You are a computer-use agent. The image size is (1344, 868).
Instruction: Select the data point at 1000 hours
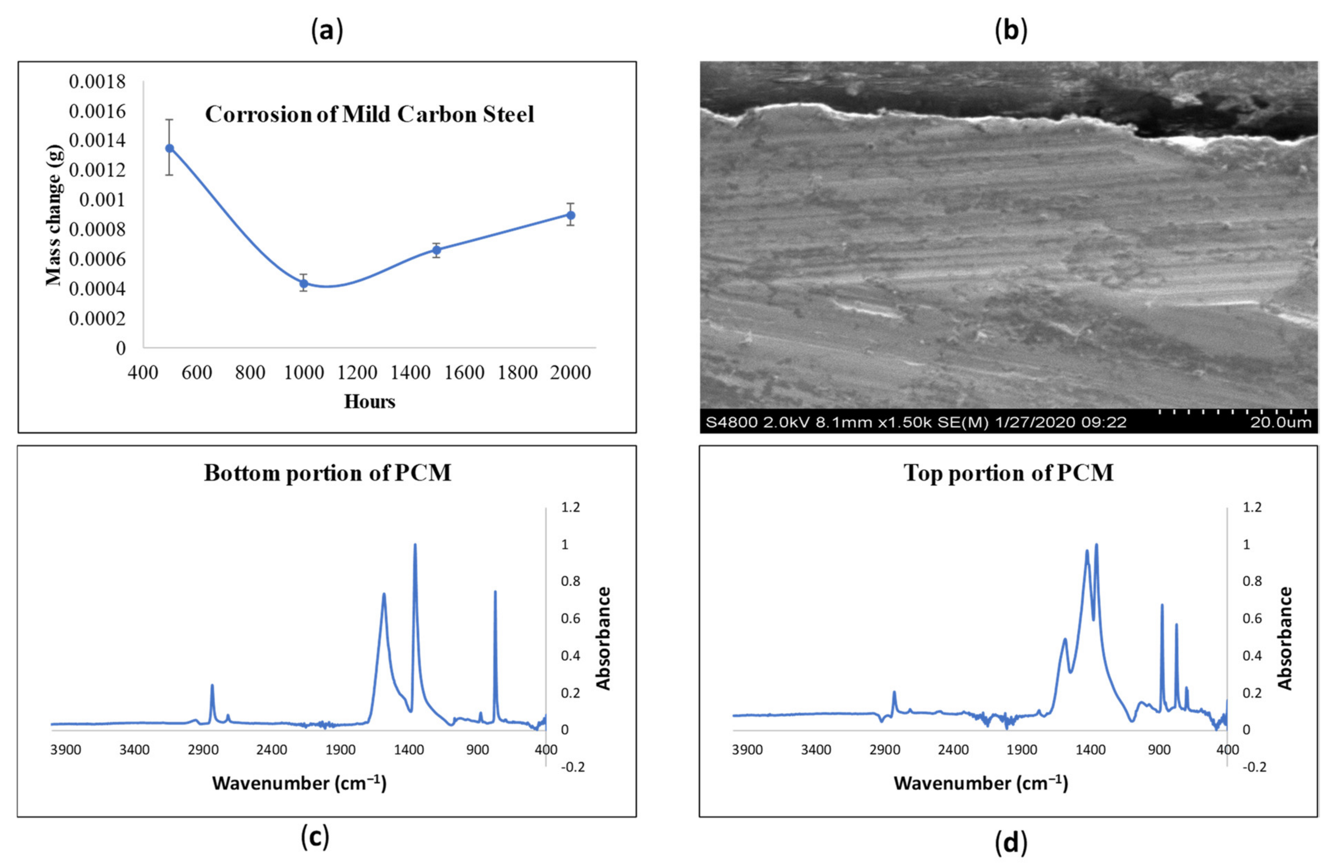303,283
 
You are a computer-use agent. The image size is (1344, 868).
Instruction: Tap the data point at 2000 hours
570,215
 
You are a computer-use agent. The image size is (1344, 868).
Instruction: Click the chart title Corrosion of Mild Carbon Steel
369,114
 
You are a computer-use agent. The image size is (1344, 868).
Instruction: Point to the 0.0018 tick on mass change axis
97,82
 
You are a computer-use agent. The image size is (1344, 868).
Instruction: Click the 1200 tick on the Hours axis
357,372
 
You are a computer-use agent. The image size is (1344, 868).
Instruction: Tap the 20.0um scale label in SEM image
1280,422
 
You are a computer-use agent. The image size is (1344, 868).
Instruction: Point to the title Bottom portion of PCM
328,473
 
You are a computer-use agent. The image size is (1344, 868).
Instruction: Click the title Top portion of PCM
1009,473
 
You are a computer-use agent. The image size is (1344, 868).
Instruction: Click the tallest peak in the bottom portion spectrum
415,546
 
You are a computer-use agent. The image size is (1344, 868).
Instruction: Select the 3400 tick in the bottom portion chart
134,750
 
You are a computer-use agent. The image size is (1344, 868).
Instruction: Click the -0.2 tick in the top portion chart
1254,767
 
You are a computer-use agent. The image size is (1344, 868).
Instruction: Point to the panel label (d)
1010,843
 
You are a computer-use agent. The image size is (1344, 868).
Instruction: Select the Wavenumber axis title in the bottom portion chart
299,783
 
